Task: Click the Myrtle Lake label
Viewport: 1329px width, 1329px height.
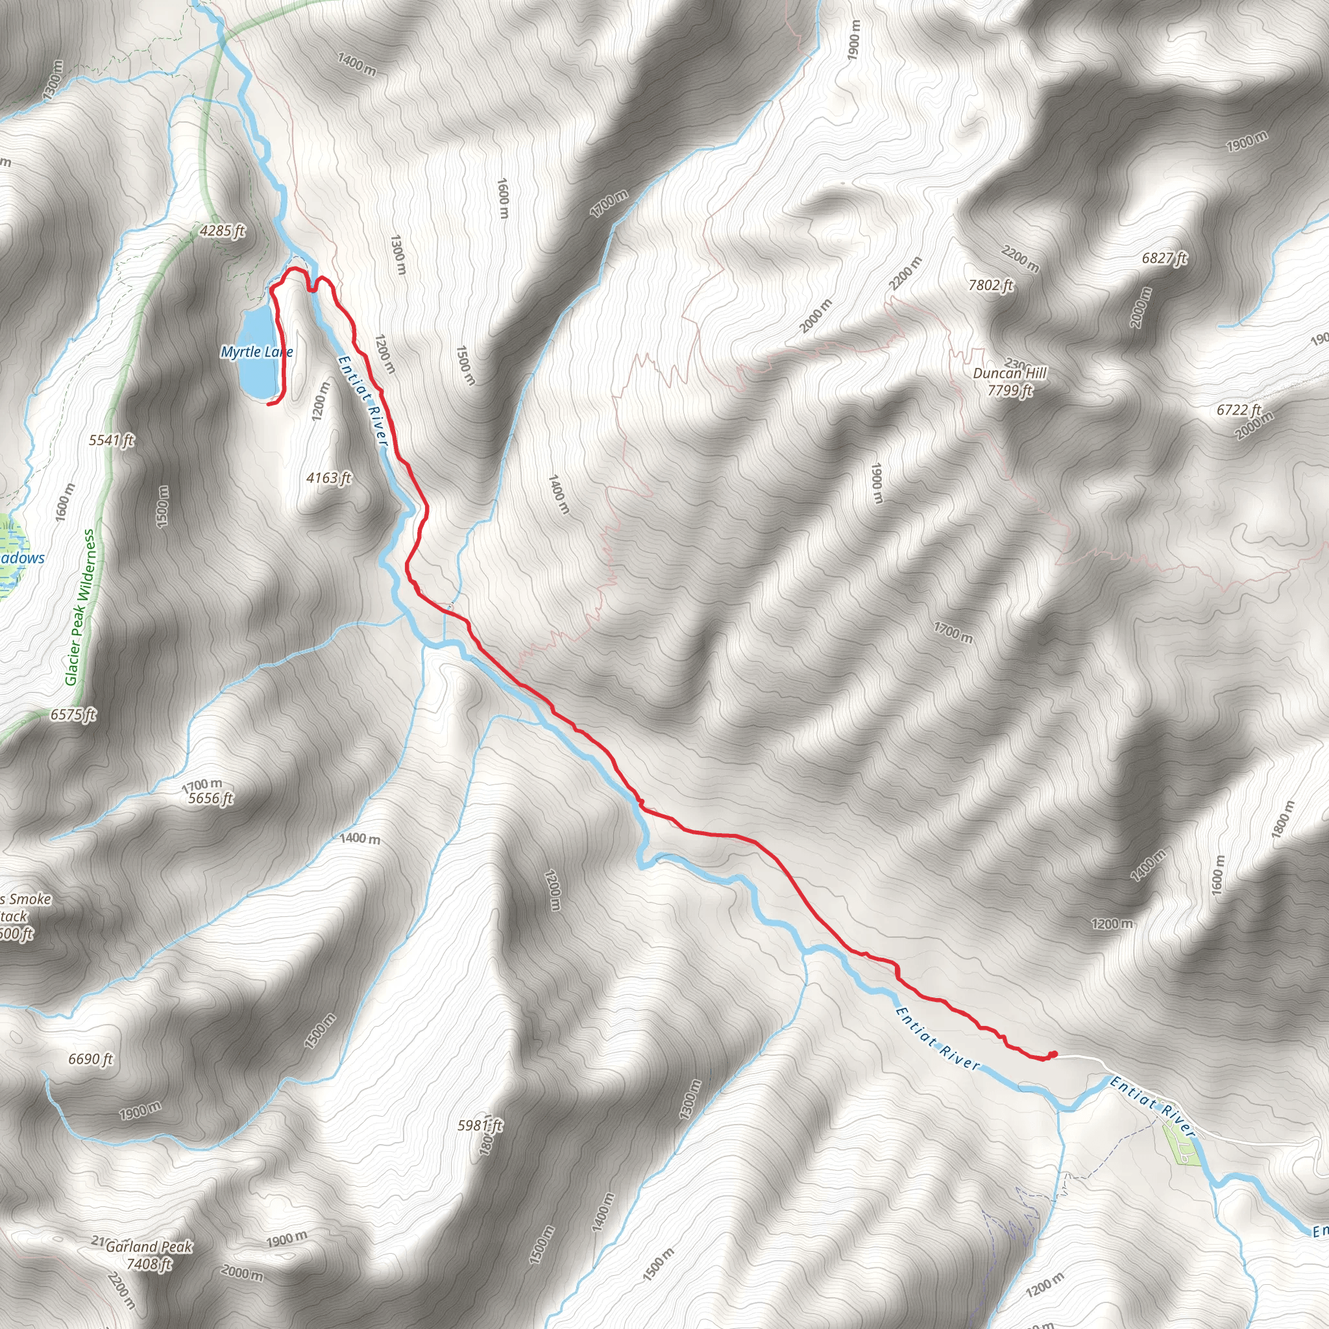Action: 256,352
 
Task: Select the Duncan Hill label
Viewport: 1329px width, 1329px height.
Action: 1009,374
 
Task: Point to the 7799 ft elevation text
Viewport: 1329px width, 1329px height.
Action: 1009,391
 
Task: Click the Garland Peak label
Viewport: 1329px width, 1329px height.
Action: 149,1246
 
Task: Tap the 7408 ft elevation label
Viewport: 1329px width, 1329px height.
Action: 149,1263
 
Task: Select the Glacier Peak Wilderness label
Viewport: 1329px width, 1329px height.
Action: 80,607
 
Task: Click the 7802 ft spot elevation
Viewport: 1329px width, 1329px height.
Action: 990,285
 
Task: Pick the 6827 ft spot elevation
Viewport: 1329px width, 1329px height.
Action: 1164,259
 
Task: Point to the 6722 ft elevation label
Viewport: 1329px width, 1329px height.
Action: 1238,410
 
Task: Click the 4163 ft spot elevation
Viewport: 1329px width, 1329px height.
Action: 329,478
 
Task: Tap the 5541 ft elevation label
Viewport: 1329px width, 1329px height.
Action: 112,439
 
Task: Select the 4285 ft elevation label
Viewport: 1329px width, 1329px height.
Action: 222,231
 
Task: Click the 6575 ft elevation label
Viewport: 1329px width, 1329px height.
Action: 73,714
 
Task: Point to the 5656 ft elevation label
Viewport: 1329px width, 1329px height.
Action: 210,799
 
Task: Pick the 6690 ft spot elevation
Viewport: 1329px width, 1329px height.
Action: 90,1058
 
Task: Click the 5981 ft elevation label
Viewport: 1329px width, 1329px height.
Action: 480,1125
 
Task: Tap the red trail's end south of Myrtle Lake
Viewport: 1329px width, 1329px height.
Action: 268,404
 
